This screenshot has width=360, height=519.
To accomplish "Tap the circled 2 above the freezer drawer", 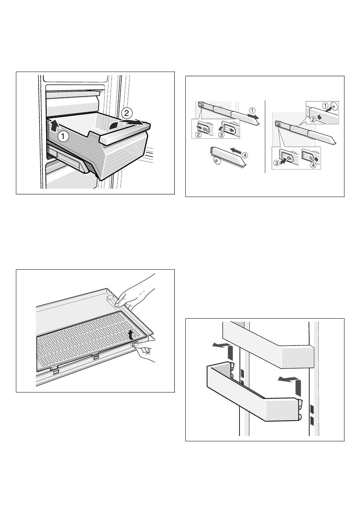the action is tap(127, 113).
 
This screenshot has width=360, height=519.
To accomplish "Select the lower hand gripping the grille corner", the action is tap(144, 351).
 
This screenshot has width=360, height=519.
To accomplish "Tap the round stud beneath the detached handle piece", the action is tap(216, 160).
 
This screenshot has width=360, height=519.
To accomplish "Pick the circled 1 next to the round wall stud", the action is tap(326, 106).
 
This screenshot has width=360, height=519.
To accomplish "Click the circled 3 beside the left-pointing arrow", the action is tap(221, 135).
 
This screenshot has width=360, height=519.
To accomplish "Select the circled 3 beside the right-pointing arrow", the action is tap(276, 163).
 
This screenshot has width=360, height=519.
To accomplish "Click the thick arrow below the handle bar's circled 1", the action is tap(253, 116).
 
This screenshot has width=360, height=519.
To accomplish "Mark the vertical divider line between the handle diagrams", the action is tap(265, 137).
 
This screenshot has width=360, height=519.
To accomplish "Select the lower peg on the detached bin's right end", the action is tap(300, 417).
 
